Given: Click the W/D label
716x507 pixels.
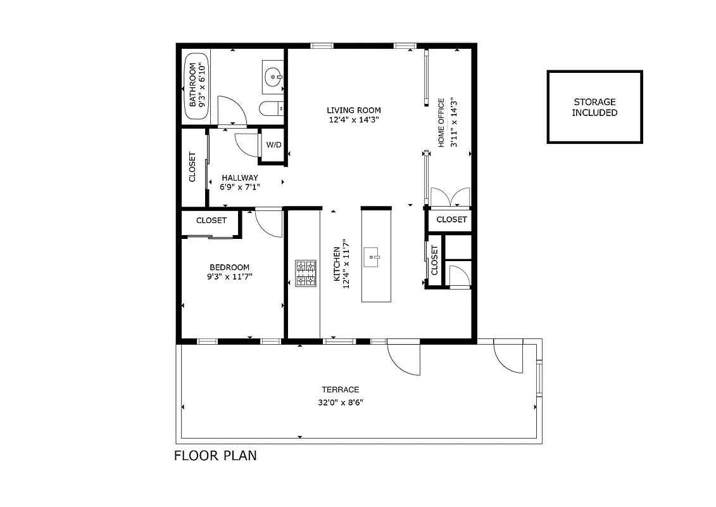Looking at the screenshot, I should tap(273, 145).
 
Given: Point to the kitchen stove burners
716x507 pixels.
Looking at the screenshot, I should tap(305, 273).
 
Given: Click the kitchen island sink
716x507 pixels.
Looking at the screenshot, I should tap(375, 257).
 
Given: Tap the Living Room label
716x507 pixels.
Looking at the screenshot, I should tap(354, 110).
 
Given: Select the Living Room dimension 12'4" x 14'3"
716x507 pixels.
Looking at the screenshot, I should tap(354, 120).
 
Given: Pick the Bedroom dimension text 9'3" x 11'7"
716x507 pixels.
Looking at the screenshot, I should tap(229, 276).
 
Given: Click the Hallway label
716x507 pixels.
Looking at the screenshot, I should tap(239, 178).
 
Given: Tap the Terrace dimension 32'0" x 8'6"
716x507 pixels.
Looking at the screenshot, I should tap(340, 402).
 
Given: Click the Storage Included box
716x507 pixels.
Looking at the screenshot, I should tap(594, 107).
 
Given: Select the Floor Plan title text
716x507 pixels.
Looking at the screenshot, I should tap(215, 455).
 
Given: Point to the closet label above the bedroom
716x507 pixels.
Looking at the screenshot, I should tap(211, 221).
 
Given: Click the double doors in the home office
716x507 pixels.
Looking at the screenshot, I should tap(449, 198).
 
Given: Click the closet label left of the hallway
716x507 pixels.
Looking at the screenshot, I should tap(192, 167).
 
